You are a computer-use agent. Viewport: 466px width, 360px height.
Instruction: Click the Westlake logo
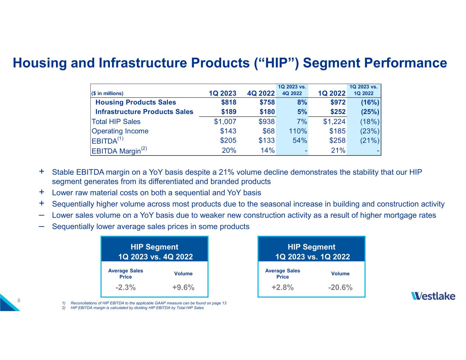pos(433,296)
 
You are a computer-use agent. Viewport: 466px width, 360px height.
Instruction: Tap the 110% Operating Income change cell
pos(298,131)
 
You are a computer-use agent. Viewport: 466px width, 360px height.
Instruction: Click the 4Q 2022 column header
pos(261,93)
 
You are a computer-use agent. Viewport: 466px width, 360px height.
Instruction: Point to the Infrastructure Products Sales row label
pos(144,112)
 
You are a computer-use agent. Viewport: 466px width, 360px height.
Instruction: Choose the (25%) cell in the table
pos(370,112)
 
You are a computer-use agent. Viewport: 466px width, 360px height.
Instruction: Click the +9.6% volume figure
pos(183,288)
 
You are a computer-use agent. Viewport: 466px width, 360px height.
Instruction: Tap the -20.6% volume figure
pos(340,288)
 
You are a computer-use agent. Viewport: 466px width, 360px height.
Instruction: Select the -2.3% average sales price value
pos(126,288)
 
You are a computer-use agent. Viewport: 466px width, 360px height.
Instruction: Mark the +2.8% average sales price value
pos(282,288)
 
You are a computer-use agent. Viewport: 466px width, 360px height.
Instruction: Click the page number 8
pos(19,301)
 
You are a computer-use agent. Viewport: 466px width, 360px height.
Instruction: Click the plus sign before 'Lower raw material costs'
pos(42,192)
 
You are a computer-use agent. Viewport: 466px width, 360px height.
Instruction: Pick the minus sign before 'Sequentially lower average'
pos(42,226)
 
